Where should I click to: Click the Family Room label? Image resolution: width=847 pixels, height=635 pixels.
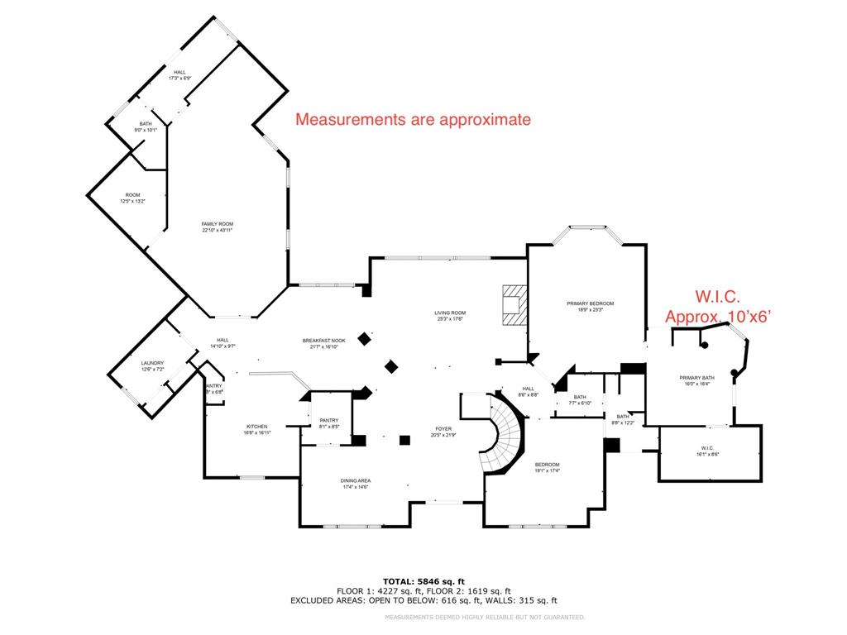pos(217,227)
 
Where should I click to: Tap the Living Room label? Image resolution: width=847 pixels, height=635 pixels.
pos(450,315)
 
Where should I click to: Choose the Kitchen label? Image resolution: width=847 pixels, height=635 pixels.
pos(256,429)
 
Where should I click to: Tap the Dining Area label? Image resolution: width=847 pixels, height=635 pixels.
pos(355,484)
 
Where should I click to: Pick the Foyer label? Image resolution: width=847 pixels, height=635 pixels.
pos(443,432)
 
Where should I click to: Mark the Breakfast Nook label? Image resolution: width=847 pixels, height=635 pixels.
pos(323,343)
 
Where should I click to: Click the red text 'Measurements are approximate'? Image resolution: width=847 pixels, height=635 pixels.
pos(413,120)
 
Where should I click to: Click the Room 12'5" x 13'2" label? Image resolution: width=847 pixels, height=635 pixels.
pos(132,198)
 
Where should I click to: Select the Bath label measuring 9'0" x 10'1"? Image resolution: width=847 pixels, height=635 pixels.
pos(146,127)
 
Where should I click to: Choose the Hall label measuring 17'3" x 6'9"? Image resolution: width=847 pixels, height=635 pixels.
pos(179,75)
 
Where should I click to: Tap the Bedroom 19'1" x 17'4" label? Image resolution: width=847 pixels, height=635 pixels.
pos(547,467)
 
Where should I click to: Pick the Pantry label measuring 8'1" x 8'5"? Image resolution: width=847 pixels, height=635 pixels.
pos(328,424)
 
